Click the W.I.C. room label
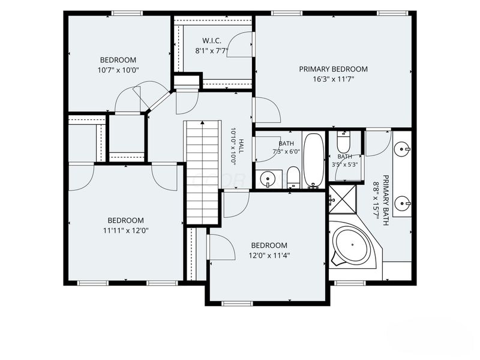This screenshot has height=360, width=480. tap(212, 41)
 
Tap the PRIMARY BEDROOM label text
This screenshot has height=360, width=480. tap(334, 69)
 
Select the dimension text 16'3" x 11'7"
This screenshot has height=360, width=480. tap(334, 79)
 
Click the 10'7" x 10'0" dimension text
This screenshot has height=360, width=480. tap(118, 70)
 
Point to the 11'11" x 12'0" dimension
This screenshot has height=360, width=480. tap(126, 230)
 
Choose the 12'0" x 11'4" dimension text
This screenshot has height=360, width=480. tap(269, 256)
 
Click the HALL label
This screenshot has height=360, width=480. tap(242, 146)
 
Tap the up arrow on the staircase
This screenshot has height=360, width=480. tap(202, 122)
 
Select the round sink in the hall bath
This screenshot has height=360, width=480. tap(268, 178)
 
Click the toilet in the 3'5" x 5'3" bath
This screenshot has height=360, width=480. tap(343, 142)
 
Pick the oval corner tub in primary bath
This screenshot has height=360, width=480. tap(352, 245)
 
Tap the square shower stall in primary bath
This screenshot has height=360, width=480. tap(343, 199)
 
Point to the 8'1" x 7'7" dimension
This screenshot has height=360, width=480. tap(212, 51)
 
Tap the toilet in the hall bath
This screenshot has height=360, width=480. tap(293, 177)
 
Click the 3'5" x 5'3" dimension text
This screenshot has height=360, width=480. tap(344, 164)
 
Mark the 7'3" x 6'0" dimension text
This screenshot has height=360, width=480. tap(286, 151)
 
